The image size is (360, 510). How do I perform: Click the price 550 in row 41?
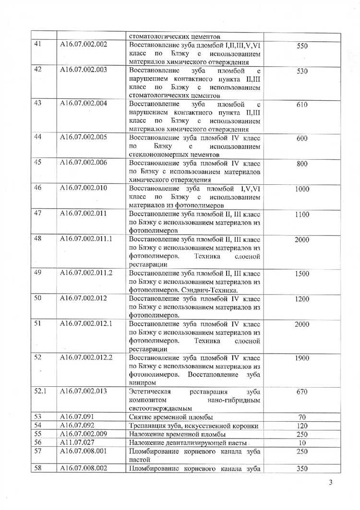[x=302, y=47]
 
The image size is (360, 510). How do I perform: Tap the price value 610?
[x=302, y=105]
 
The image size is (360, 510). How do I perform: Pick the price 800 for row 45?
[x=302, y=164]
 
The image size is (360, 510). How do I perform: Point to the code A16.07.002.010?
[x=83, y=188]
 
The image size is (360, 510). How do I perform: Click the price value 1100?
[x=302, y=214]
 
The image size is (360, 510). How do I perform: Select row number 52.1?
[x=40, y=391]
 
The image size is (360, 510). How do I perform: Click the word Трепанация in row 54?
[x=147, y=426]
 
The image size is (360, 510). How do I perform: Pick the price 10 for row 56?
[x=302, y=442]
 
